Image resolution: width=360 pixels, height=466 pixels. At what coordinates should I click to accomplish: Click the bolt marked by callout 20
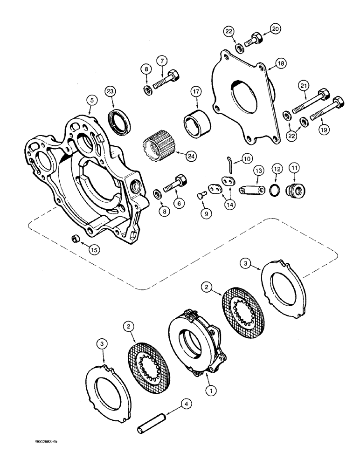tap(255, 39)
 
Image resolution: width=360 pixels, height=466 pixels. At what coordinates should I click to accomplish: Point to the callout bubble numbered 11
tap(295, 167)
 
